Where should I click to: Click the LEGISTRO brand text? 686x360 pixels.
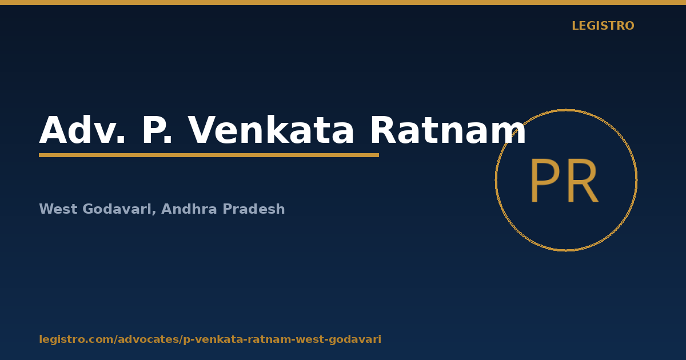(x=603, y=26)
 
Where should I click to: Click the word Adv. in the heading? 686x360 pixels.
(x=82, y=130)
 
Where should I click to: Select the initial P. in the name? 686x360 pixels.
(x=157, y=130)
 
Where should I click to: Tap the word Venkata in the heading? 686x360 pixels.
(x=271, y=130)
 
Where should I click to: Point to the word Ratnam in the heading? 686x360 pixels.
(x=448, y=130)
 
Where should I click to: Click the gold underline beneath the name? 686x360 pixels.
(x=209, y=155)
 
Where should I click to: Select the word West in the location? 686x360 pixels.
(x=58, y=209)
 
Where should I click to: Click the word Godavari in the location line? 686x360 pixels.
(x=117, y=209)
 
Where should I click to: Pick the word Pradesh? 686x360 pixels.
(x=254, y=209)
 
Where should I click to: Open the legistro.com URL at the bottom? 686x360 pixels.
(x=210, y=339)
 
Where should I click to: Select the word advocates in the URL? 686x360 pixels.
(x=149, y=339)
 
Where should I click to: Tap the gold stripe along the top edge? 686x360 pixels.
(x=343, y=2)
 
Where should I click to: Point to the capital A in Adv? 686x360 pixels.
(x=53, y=130)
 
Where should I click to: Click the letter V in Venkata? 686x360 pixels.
(x=203, y=130)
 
